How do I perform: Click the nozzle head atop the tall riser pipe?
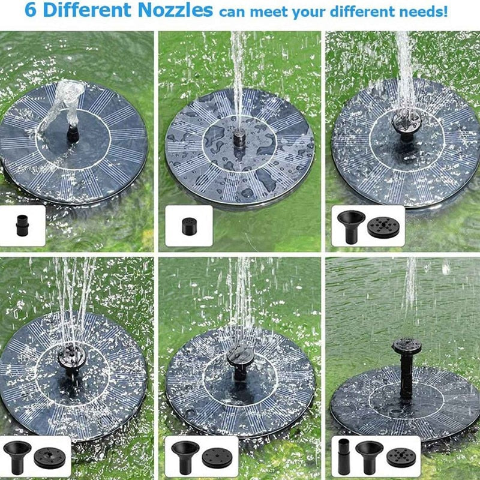(x=407, y=346)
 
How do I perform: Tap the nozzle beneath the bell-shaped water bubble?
(x=73, y=133)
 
